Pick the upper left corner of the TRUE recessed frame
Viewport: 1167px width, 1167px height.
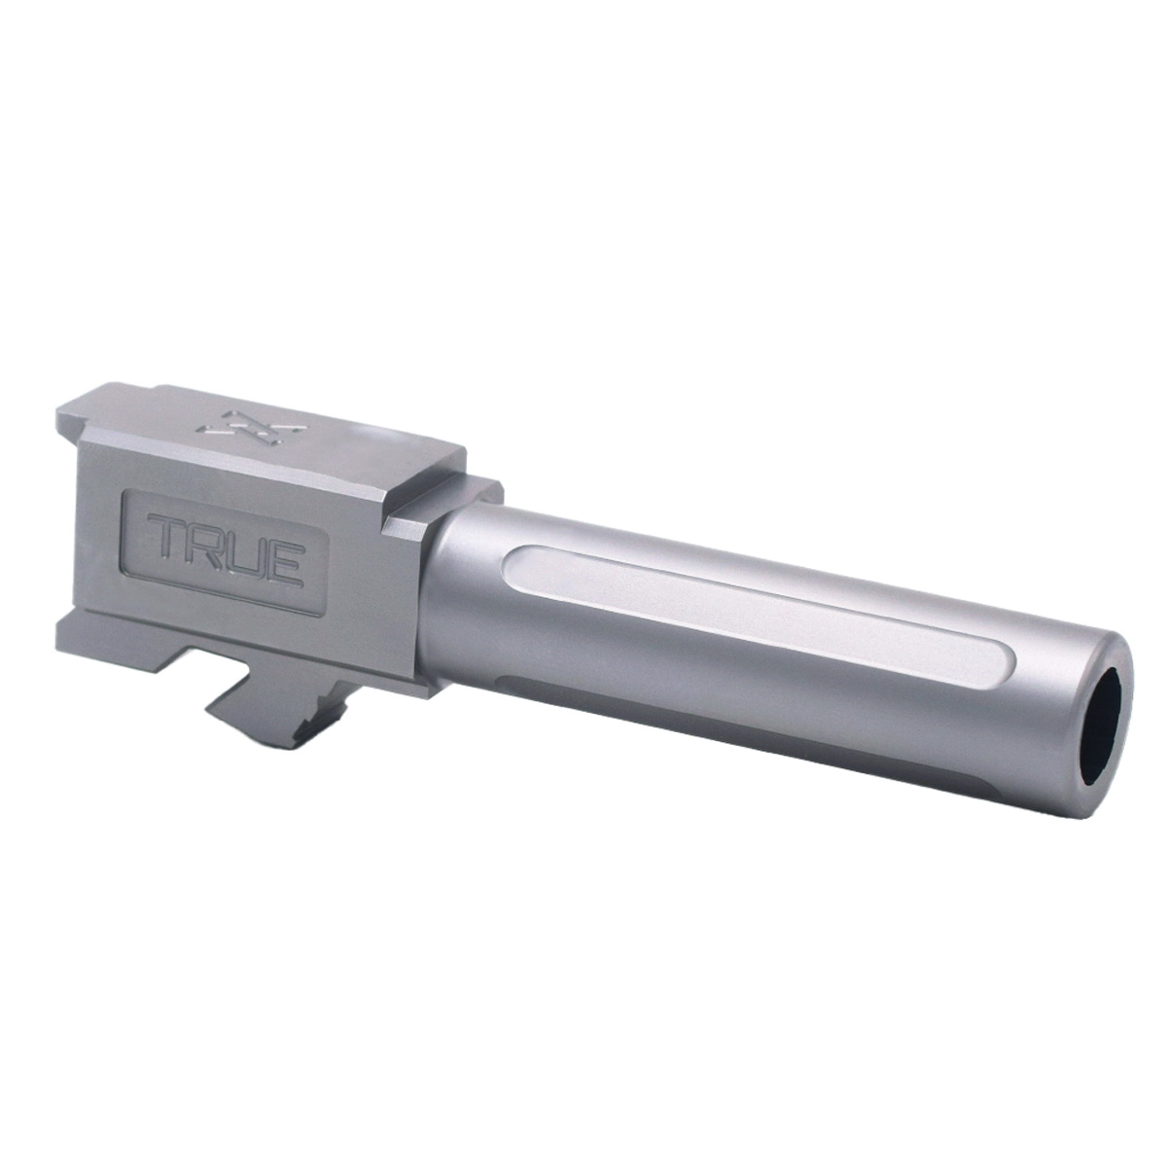coord(127,496)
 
